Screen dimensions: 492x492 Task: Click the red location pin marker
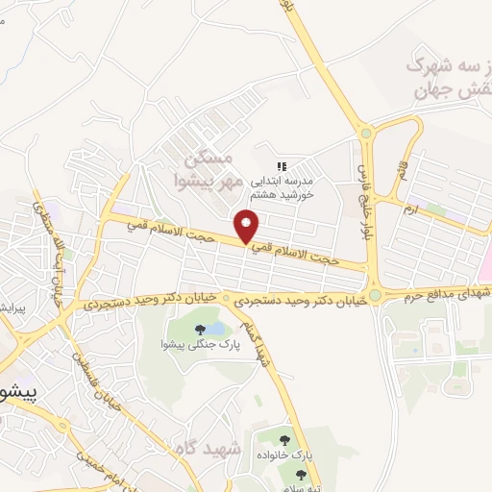[247, 226]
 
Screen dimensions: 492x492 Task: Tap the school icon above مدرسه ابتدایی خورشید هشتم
[283, 166]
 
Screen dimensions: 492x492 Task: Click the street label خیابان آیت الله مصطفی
[48, 252]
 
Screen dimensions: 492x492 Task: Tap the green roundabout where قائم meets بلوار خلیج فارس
[365, 133]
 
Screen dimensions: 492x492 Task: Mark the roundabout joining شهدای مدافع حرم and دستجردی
[375, 295]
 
